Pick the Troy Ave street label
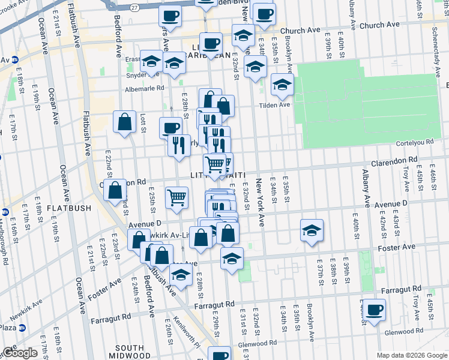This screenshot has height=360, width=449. [x=415, y=293]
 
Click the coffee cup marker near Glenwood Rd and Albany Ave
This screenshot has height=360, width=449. [x=374, y=310]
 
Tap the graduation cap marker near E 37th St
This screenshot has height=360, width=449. [x=312, y=230]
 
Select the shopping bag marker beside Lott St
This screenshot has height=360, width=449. [x=124, y=122]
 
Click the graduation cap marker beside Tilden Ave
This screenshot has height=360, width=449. [x=281, y=84]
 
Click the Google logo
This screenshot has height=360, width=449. [x=20, y=353]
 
